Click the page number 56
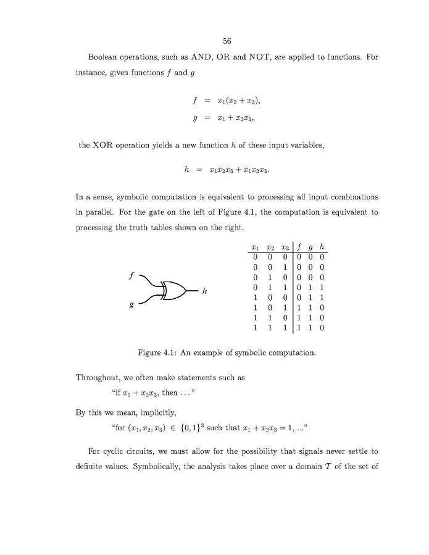pos(227,41)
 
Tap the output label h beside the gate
pos(204,291)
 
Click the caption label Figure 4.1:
pos(159,353)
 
